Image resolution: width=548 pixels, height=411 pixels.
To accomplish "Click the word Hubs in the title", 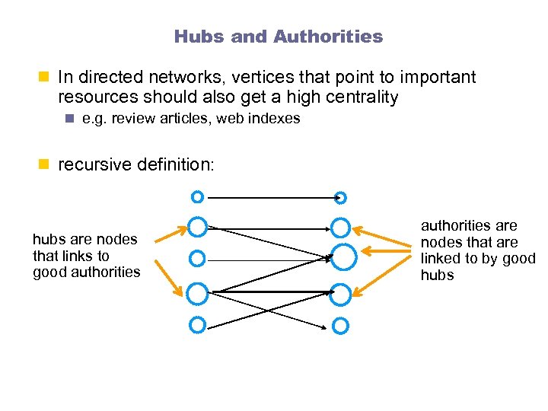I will coord(193,37).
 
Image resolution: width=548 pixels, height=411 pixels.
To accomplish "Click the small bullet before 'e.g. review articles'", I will coord(68,119).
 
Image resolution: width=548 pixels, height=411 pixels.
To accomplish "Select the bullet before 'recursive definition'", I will coord(43,163).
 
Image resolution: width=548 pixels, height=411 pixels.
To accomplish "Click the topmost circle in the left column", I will coord(197,197).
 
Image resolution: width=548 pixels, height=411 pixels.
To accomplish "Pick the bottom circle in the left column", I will coord(197,324).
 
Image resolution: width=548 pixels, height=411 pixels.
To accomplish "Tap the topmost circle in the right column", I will coord(341,198).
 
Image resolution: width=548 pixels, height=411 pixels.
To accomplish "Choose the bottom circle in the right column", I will coord(341,326).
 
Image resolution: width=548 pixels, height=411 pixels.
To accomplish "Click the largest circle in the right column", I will coord(344,257).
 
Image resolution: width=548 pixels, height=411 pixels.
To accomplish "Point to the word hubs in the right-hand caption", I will coord(438,276).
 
